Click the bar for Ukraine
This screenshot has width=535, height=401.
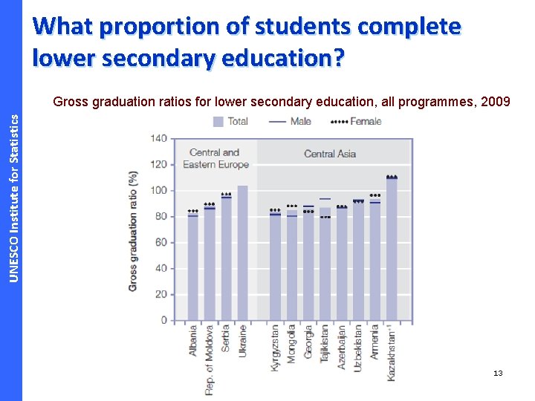click(x=242, y=252)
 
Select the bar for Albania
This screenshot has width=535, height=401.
click(x=193, y=267)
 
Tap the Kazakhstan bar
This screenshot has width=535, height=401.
click(x=392, y=249)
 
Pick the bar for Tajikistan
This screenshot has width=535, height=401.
click(x=325, y=267)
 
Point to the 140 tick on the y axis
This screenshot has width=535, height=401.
click(x=158, y=138)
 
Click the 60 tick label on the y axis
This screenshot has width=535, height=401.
click(x=160, y=243)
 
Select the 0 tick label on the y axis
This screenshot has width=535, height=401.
click(x=163, y=321)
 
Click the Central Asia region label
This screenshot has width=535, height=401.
click(x=330, y=154)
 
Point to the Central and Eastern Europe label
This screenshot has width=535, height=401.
click(x=215, y=158)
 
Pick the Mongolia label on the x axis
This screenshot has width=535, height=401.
click(x=292, y=342)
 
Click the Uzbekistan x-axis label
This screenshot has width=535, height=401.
click(x=358, y=347)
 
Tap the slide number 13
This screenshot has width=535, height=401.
click(x=498, y=373)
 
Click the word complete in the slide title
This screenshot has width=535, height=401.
click(x=409, y=27)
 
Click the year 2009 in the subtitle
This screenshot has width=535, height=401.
click(x=496, y=102)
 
